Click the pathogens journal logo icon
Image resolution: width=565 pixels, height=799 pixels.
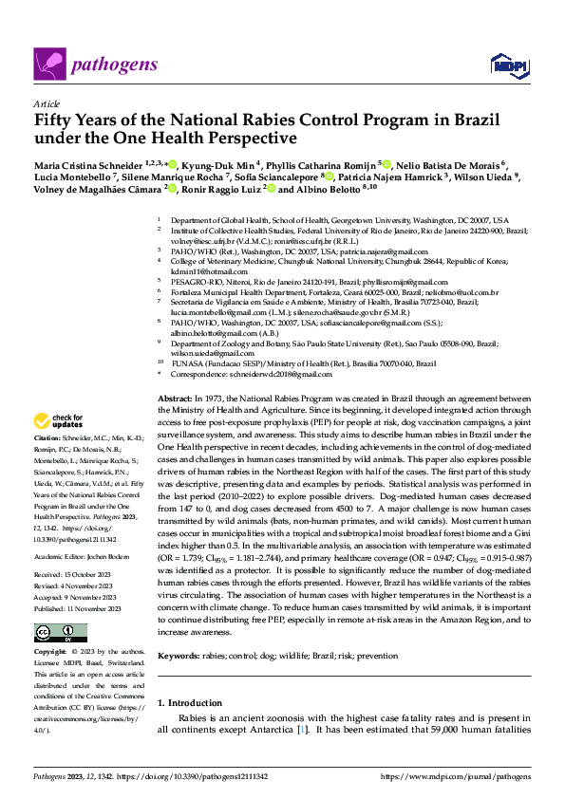coord(49,65)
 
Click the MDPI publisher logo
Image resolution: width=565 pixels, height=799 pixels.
coord(503,65)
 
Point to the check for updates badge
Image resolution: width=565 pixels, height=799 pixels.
coord(59,419)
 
